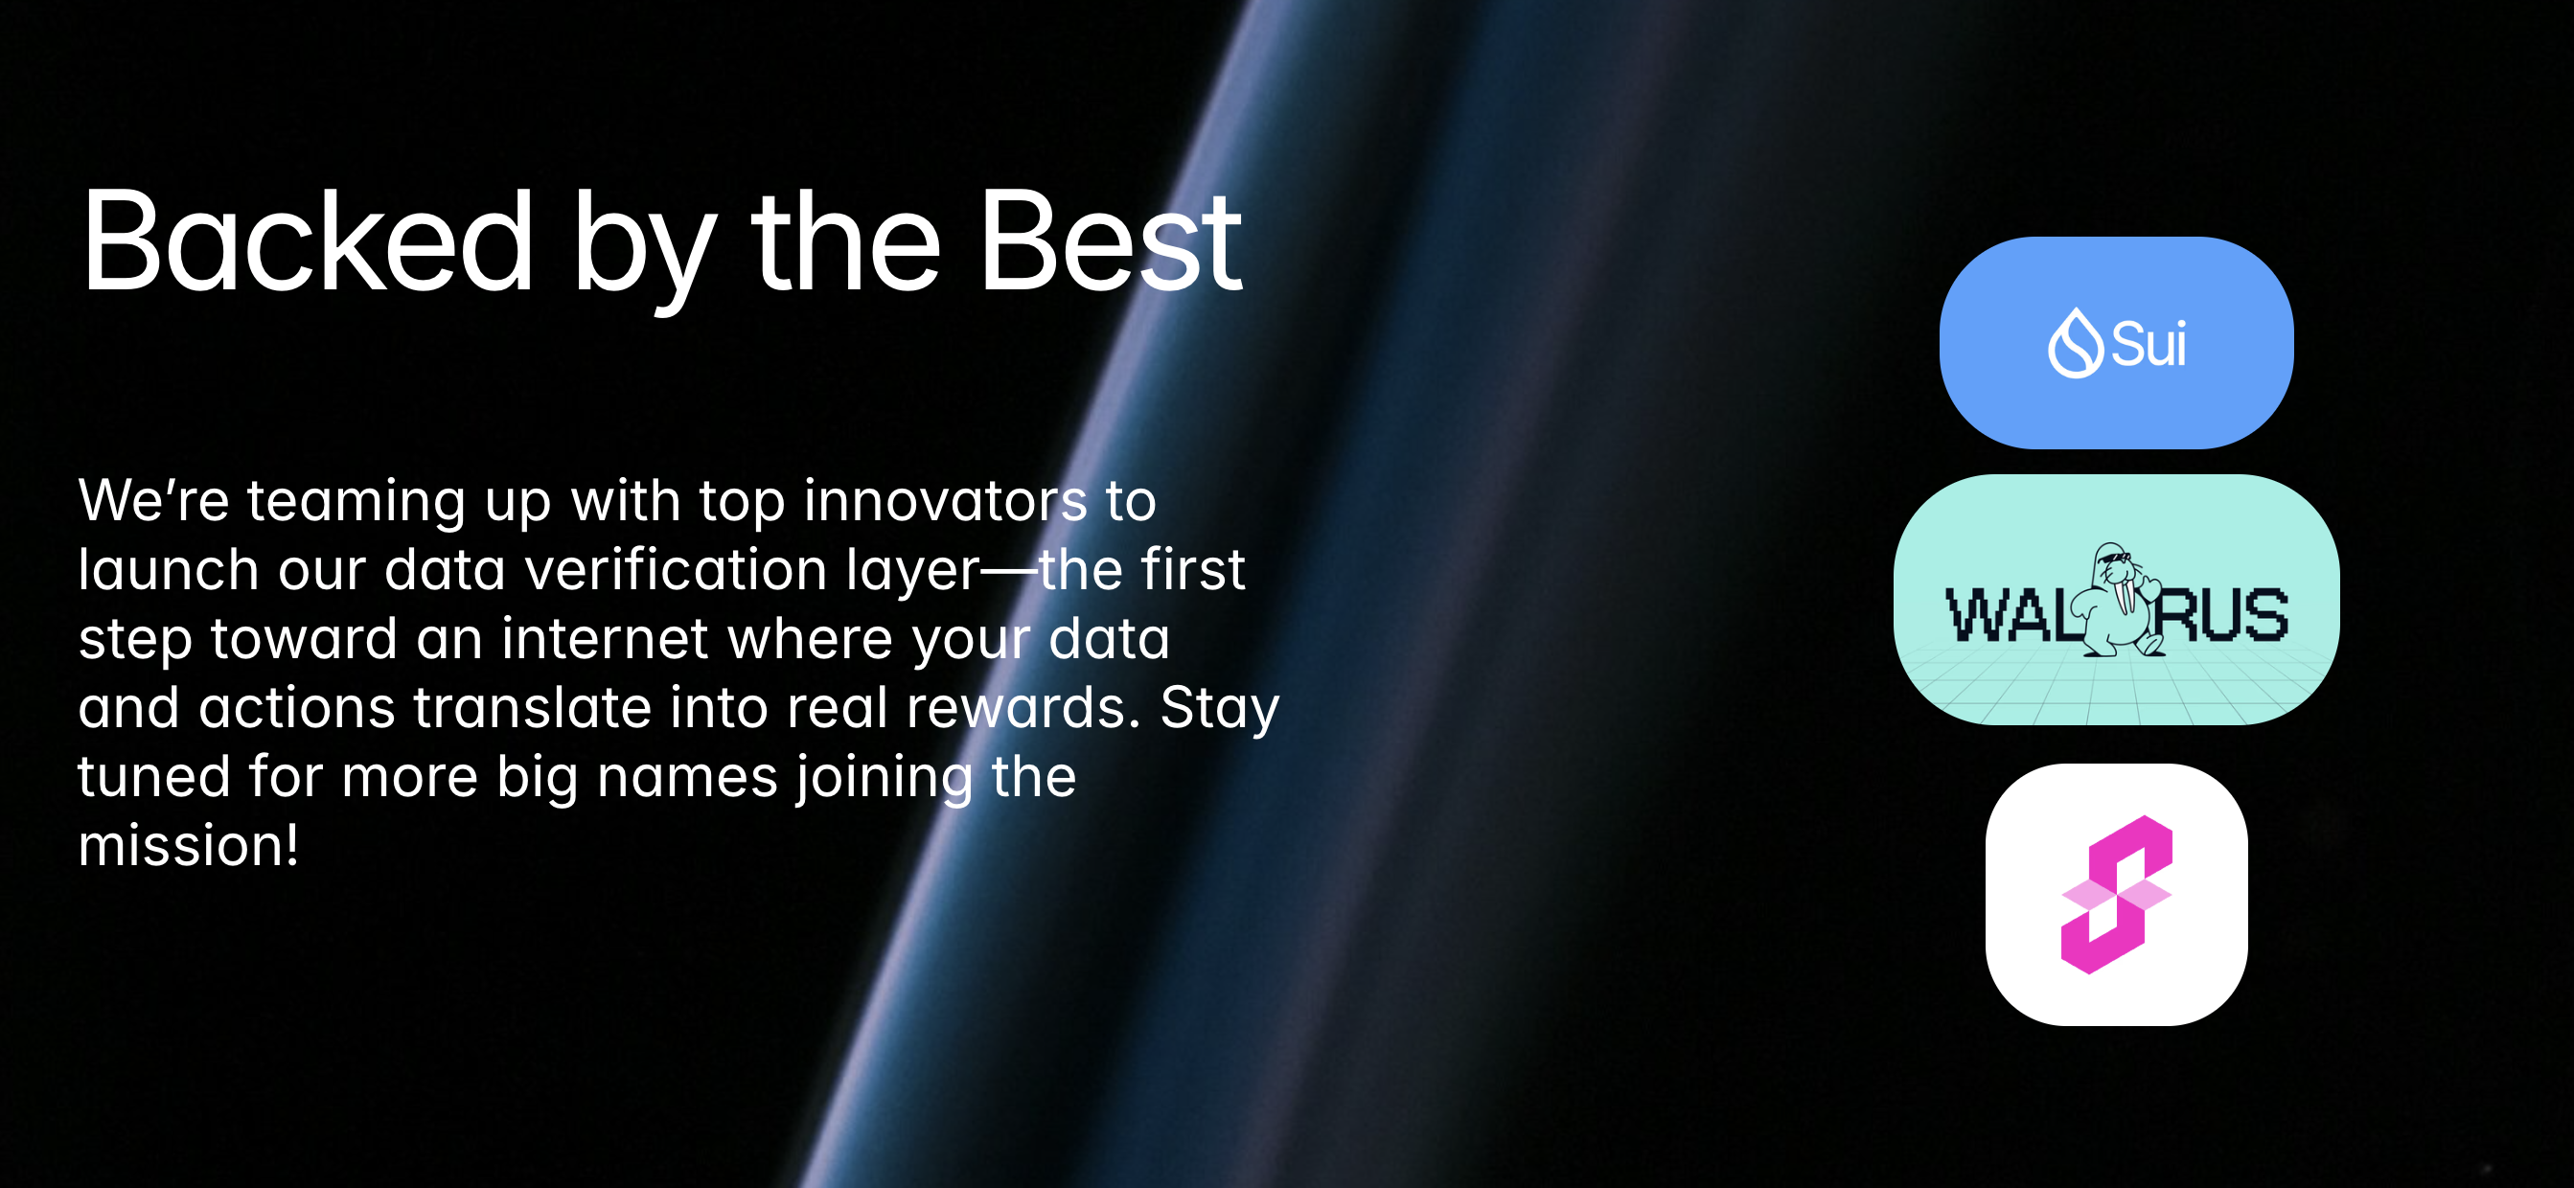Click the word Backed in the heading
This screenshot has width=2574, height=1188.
308,241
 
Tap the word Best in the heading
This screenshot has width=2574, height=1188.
1111,241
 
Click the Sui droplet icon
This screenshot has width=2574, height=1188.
2076,343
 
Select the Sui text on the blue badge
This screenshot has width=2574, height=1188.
2149,345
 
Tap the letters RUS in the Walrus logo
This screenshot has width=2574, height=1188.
2219,615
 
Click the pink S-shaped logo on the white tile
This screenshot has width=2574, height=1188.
2116,894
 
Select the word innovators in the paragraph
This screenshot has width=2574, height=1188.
945,499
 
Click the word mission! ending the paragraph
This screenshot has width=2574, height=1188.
189,845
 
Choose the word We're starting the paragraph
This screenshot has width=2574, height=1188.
154,499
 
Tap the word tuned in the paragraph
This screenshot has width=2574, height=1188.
154,776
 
